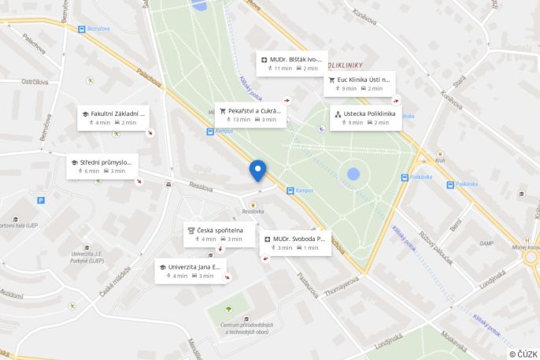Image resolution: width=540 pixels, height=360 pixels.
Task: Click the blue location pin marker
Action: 257,169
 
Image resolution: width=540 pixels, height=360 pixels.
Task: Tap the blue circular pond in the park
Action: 353,174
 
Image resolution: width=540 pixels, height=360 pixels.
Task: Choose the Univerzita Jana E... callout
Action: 194,266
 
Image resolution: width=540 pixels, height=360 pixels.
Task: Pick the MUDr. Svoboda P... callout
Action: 299,238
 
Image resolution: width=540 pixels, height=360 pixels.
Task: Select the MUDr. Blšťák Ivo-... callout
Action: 295,59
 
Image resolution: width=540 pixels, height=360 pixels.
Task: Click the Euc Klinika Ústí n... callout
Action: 364,80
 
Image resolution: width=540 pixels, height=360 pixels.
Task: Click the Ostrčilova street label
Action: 35,81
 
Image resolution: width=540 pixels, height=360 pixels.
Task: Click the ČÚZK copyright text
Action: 523,354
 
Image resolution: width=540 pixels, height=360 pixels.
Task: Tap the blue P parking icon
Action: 41,200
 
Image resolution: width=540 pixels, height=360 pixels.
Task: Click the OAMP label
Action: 487,243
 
